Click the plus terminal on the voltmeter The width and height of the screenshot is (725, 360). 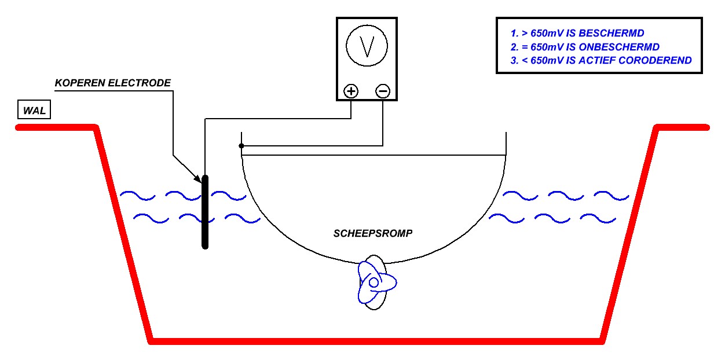coord(351,91)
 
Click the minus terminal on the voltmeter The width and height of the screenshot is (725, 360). coord(383,91)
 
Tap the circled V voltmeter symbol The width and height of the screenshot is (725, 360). coord(367,46)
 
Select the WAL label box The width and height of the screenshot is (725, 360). coord(34,109)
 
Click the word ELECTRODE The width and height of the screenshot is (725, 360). coord(140,83)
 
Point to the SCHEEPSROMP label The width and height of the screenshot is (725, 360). coord(373,233)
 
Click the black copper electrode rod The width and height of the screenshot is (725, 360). coord(205,212)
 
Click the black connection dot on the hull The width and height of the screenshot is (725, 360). coord(241,146)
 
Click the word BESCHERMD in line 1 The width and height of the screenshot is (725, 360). coord(611,33)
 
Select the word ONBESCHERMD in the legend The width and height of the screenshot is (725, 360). coord(619,47)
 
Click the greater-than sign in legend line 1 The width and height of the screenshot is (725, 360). coord(525,33)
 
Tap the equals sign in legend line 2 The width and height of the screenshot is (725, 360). coord(525,47)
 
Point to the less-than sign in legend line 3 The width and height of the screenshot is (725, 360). coord(525,61)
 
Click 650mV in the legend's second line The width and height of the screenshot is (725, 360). coord(547,47)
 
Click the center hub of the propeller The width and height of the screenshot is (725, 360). coord(374,282)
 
